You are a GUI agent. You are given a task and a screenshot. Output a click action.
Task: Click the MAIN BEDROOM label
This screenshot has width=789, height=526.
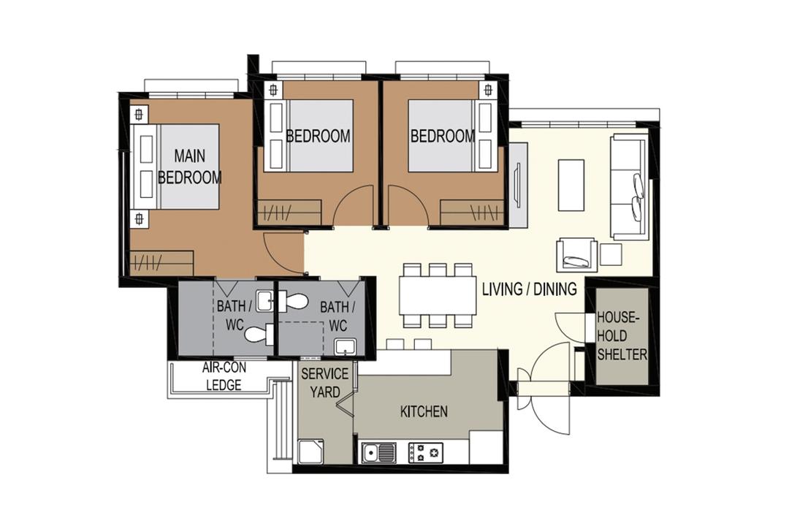point(190,167)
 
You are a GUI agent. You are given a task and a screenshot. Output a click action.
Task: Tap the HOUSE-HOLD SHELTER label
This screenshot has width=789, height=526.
point(622,336)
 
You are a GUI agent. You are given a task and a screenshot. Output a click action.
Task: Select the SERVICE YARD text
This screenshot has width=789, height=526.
point(324,383)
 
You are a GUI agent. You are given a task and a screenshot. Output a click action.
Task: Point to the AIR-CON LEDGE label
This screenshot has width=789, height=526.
point(224,376)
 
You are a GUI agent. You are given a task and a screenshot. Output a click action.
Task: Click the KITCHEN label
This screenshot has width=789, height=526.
point(424,412)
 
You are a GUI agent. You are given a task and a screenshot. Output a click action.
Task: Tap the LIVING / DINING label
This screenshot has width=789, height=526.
point(530,289)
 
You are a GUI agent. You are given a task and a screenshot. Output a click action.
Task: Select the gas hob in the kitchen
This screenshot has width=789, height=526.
point(426,453)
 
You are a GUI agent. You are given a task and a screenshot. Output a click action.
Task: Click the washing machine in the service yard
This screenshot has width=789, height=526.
point(311,451)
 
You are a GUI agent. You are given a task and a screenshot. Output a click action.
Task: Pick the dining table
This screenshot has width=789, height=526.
point(438,295)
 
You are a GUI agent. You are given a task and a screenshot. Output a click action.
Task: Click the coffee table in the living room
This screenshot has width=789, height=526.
point(571,186)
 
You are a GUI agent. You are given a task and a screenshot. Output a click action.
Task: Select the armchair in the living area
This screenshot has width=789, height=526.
point(576,256)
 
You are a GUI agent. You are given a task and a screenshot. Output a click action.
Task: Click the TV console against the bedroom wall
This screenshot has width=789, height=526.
point(517,186)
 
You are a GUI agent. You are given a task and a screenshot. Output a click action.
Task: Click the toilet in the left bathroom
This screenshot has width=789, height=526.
point(258,334)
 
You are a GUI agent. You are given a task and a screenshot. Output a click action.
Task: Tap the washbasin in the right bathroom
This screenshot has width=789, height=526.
point(345,347)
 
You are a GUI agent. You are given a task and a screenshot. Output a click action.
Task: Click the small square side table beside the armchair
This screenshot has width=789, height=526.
point(611,255)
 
